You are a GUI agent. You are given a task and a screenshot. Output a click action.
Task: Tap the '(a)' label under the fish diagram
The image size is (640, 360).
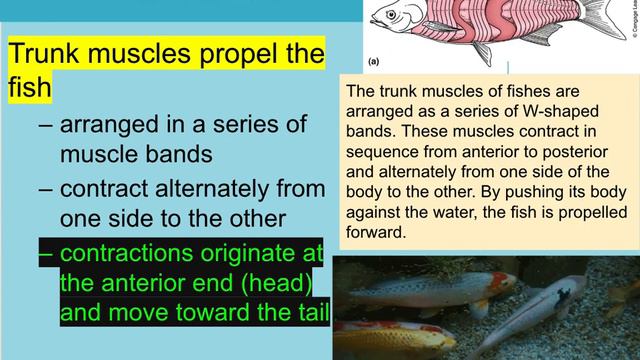374,61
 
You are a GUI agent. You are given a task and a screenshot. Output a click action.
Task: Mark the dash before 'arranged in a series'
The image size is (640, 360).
45,127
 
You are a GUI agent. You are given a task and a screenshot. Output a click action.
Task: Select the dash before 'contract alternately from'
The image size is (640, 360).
45,189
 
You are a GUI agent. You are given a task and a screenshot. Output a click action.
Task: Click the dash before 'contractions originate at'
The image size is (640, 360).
45,251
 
